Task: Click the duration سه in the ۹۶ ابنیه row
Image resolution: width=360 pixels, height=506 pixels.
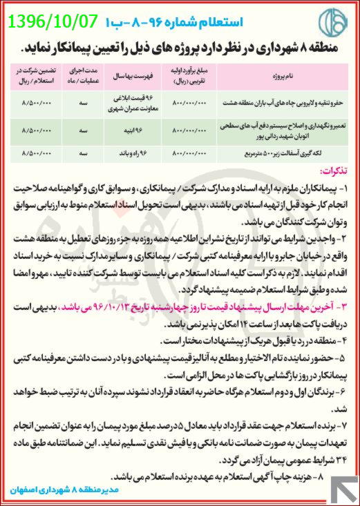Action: click(82, 129)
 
